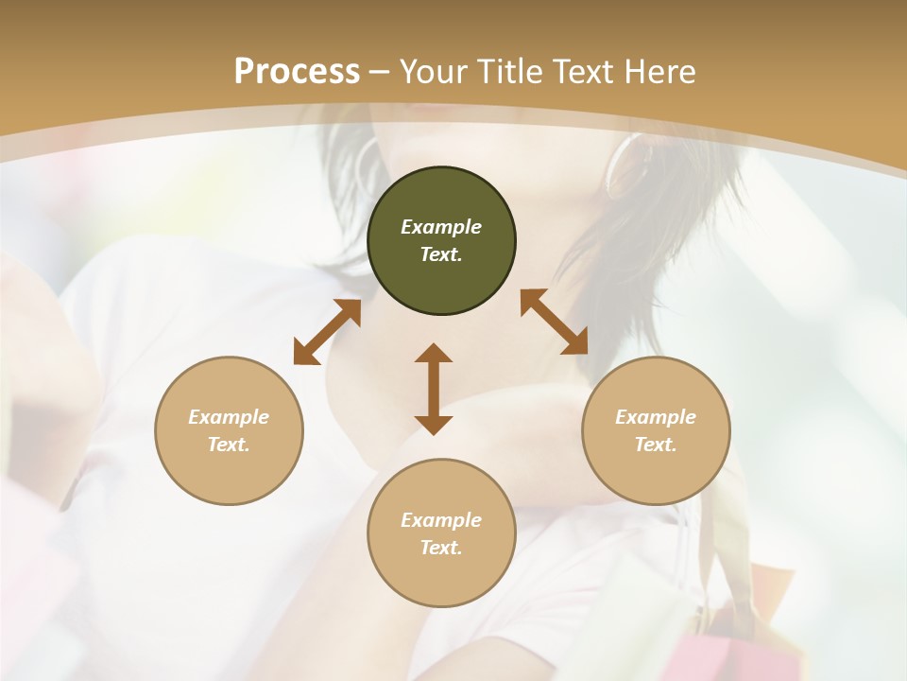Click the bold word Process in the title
click(x=297, y=72)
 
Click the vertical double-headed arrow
click(x=434, y=389)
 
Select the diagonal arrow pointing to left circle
click(x=327, y=332)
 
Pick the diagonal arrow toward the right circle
click(x=555, y=322)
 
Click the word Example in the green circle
click(x=441, y=227)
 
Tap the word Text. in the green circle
click(x=441, y=254)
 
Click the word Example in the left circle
click(x=229, y=417)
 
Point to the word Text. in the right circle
click(x=656, y=445)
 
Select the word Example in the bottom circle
click(x=441, y=520)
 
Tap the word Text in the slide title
click(x=586, y=72)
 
